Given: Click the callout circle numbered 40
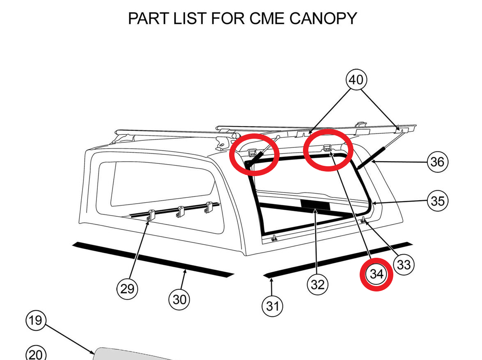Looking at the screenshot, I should (x=356, y=80).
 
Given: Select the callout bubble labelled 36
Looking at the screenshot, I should (x=437, y=162).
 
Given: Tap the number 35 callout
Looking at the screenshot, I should (x=437, y=201).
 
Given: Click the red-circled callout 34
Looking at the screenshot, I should (x=376, y=274).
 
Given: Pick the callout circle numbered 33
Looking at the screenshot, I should (x=404, y=265).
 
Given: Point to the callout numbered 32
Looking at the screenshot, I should (x=317, y=284).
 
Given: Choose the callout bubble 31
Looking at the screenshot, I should (x=273, y=306).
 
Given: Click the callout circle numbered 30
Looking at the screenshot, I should (x=179, y=299).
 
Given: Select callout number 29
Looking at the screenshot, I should (x=127, y=289).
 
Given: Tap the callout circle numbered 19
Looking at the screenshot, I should (x=36, y=320).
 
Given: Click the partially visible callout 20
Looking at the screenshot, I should (x=36, y=354).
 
